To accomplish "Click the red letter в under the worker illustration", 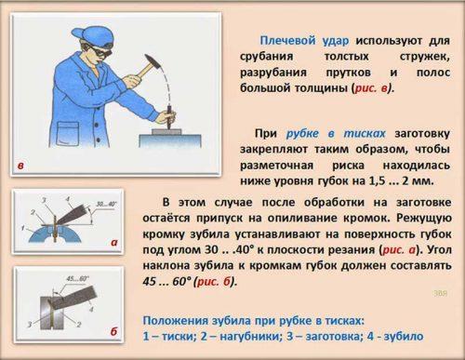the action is tap(20, 166).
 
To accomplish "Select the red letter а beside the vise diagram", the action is tap(113, 243).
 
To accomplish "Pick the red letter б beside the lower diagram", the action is tap(113, 331).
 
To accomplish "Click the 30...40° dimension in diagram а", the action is tap(106, 204).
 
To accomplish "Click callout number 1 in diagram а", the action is tap(22, 228).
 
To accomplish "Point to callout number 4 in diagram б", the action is tap(91, 309).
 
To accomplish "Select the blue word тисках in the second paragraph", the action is tap(365, 134).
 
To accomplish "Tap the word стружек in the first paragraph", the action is tap(424, 57).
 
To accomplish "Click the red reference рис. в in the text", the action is tap(371, 88).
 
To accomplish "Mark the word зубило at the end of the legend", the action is tap(404, 336).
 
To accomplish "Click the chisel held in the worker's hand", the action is tap(169, 117).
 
